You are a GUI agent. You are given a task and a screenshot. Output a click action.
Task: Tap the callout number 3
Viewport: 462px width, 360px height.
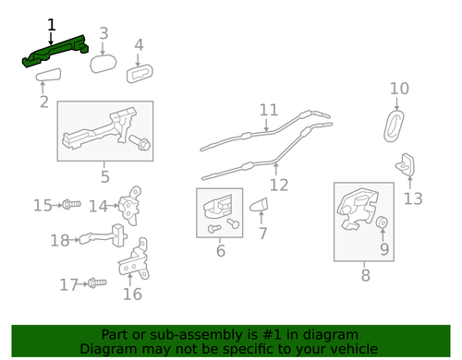(x=103, y=34)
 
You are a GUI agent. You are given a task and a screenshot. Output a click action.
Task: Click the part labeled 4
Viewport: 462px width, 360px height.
(x=139, y=44)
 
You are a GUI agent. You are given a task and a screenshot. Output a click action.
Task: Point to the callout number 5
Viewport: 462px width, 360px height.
(x=104, y=176)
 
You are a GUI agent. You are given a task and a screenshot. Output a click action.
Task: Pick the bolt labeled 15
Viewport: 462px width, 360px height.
(x=73, y=203)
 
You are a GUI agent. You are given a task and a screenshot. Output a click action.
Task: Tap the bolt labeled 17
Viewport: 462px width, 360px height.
(x=92, y=284)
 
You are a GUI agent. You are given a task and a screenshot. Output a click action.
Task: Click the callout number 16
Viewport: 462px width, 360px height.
(x=132, y=294)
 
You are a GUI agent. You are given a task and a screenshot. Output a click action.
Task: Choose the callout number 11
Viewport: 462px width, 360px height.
(x=268, y=110)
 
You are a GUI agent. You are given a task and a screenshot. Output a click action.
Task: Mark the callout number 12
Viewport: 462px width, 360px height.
(x=278, y=184)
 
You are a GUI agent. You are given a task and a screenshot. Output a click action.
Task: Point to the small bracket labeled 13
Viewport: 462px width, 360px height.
(x=407, y=168)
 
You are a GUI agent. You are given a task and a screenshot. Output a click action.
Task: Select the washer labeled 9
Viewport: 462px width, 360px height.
(x=382, y=223)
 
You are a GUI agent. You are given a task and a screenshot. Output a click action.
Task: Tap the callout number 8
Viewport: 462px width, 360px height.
(x=364, y=274)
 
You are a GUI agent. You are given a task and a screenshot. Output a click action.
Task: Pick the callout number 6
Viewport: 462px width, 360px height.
(x=220, y=249)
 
